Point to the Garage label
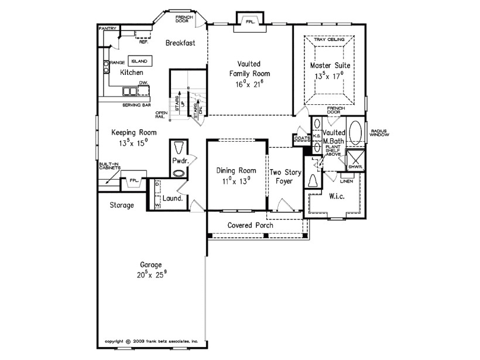150,265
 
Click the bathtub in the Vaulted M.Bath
355,129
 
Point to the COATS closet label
301,138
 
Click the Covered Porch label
251,225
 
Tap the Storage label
122,205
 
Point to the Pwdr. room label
179,159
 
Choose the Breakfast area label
180,43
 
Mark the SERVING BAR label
136,105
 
